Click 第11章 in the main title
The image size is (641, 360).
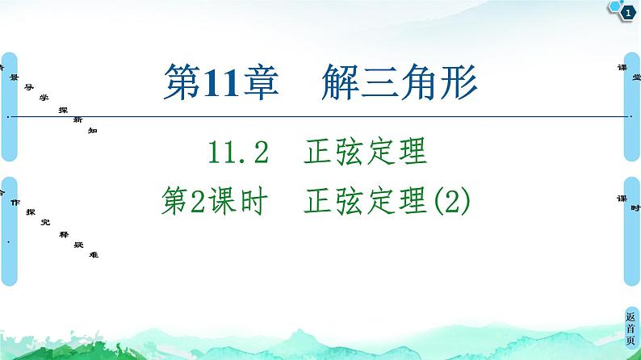point(212,83)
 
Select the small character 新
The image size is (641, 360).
point(77,119)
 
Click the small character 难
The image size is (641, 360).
point(94,253)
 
